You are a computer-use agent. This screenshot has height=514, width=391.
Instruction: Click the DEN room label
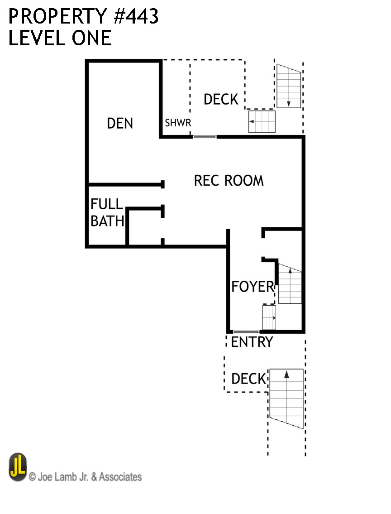[120, 123]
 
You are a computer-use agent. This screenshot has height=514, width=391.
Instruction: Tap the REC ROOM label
[229, 180]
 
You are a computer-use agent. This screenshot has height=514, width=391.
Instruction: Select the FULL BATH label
[107, 212]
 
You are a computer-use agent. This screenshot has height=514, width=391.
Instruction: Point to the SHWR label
[178, 123]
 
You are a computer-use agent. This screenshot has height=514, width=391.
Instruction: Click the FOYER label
[253, 286]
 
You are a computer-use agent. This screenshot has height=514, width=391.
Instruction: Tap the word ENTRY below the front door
[252, 342]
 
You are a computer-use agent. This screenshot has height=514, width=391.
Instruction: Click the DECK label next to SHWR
[221, 99]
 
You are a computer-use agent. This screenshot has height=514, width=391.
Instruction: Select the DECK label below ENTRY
[248, 379]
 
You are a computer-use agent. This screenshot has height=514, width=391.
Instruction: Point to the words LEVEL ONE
[60, 38]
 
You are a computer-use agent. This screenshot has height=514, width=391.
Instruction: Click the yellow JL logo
[18, 467]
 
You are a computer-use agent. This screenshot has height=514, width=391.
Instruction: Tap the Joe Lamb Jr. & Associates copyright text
[85, 476]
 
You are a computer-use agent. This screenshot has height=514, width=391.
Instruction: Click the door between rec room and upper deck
[205, 136]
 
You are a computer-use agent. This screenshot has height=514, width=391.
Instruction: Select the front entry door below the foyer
[246, 331]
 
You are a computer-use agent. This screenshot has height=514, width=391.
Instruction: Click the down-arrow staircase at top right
[289, 86]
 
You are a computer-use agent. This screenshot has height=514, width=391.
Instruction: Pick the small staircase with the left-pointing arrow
[262, 121]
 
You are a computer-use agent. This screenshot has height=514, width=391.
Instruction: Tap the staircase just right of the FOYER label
[290, 284]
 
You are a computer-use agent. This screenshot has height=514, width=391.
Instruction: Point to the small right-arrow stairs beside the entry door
[269, 317]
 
